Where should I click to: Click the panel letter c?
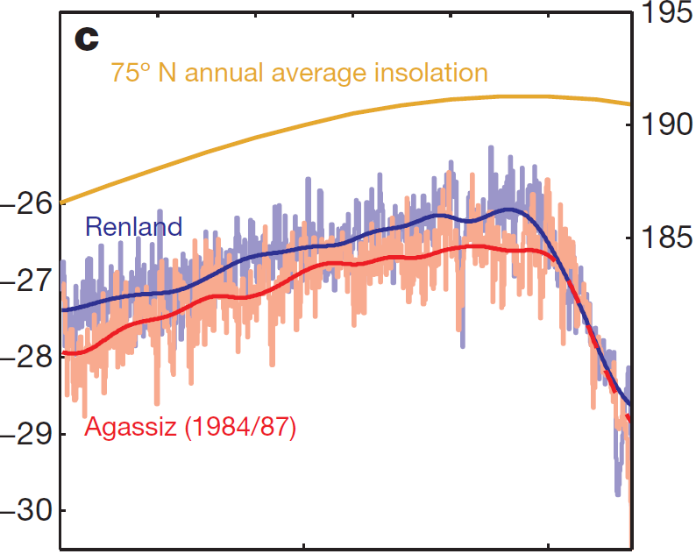point(87,39)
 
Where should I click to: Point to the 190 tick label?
point(667,124)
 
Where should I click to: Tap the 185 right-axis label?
point(667,238)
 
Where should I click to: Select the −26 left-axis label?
point(25,204)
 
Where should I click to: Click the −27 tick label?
point(25,281)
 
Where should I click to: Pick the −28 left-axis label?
point(25,358)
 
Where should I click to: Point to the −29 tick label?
point(25,434)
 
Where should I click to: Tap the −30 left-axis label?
point(25,510)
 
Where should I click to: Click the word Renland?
point(133,227)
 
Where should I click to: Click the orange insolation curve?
point(351,114)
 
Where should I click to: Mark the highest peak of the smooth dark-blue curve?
point(508,209)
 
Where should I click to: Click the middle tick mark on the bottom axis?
point(303,545)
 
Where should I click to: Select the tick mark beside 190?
point(627,124)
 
